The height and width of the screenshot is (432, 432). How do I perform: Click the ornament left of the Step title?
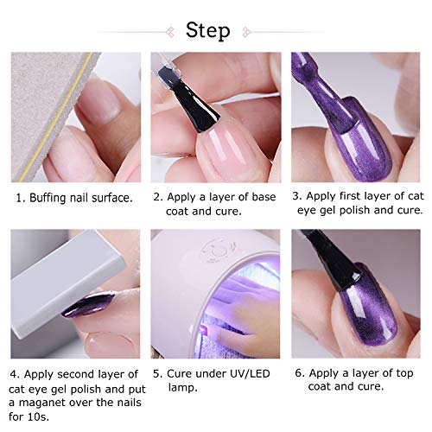tap(165, 32)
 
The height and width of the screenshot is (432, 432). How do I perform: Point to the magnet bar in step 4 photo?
tap(60, 264)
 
